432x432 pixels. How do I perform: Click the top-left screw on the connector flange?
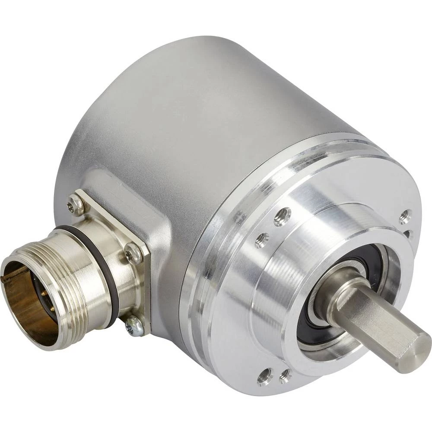pos(76,205)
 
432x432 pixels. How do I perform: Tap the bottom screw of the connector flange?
pos(134,326)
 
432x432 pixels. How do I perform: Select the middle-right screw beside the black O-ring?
pos(133,254)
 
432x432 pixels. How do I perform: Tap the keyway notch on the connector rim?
pos(13,272)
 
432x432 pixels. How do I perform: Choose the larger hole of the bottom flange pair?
pos(265,376)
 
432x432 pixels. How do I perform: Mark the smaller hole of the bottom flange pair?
pos(285,376)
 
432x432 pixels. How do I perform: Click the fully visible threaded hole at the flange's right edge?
pos(405,216)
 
